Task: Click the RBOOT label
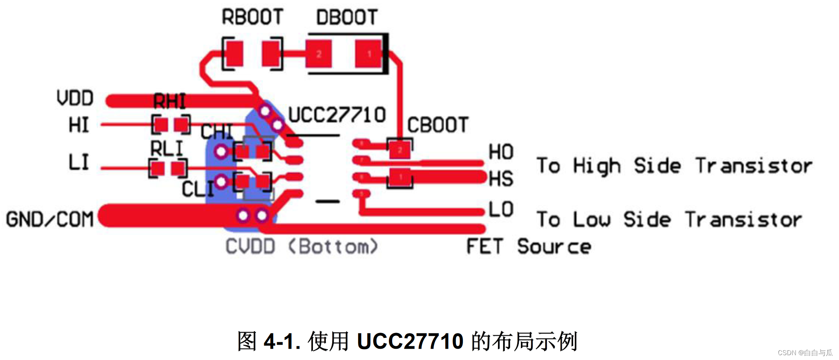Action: (x=253, y=17)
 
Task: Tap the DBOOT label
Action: (x=347, y=17)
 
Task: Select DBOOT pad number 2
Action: (x=319, y=54)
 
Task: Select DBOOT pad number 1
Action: (x=369, y=54)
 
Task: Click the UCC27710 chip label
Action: (x=337, y=115)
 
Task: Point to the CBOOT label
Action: (x=438, y=125)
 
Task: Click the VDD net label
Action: (x=75, y=99)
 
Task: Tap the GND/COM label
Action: (x=50, y=220)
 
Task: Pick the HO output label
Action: (x=501, y=152)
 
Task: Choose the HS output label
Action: (x=501, y=179)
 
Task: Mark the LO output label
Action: (x=501, y=209)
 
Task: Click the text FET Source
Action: (x=528, y=247)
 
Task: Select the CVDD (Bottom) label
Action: (x=302, y=247)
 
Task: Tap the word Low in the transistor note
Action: (x=592, y=220)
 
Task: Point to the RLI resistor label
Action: (x=167, y=149)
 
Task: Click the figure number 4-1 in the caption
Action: (x=282, y=341)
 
